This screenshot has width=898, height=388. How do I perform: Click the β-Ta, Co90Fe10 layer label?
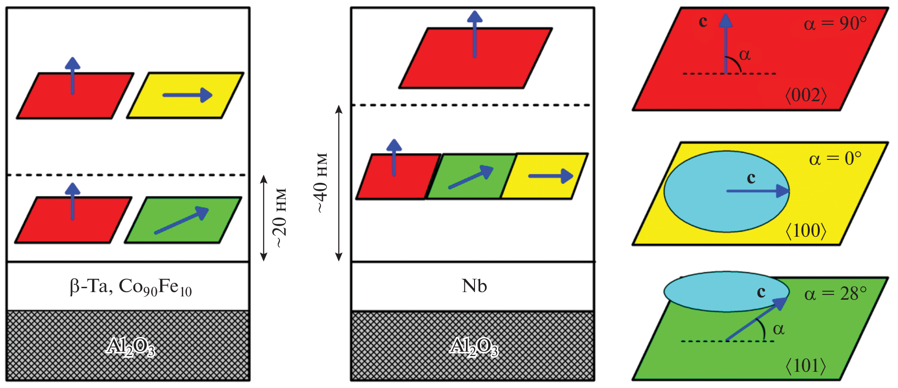point(131,286)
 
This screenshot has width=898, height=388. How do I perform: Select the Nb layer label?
point(474,286)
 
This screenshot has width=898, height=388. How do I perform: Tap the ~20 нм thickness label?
point(280,218)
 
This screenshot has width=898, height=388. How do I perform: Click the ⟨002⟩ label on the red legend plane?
point(806,95)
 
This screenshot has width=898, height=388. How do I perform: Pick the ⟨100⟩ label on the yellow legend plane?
point(806,231)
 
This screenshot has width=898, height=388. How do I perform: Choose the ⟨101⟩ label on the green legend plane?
point(806,366)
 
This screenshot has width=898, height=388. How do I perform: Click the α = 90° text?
point(835,23)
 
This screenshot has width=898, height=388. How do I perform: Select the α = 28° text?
point(835,294)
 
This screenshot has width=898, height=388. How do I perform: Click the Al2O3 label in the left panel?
point(131,346)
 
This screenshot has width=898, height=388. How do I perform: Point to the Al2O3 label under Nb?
point(474,346)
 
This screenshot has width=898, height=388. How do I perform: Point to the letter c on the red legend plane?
point(702,21)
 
